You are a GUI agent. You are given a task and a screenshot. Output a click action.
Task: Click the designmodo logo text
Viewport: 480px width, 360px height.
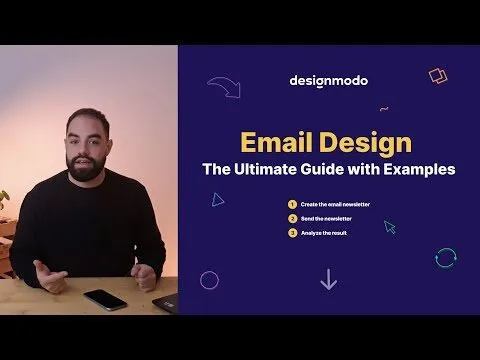coord(328,80)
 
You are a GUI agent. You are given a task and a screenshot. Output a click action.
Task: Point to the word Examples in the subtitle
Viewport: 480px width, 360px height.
coord(419,169)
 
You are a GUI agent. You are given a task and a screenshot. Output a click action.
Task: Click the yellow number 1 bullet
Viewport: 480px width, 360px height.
coord(291,204)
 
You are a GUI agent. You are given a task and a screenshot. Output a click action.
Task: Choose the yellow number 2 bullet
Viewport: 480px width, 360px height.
coord(291,218)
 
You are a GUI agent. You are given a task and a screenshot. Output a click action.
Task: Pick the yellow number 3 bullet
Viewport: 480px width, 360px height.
coord(291,232)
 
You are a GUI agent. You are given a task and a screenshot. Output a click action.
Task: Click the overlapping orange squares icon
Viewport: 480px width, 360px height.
coord(438,75)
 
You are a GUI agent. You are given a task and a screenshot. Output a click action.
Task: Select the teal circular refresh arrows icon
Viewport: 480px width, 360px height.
coord(446,258)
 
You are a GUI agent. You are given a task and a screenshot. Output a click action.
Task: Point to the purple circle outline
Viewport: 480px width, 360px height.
coord(209,279)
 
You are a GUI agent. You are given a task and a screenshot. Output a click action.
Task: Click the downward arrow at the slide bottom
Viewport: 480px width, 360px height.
coord(328,279)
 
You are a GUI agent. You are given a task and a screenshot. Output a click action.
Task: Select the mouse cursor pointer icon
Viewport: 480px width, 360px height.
coord(390,228)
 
